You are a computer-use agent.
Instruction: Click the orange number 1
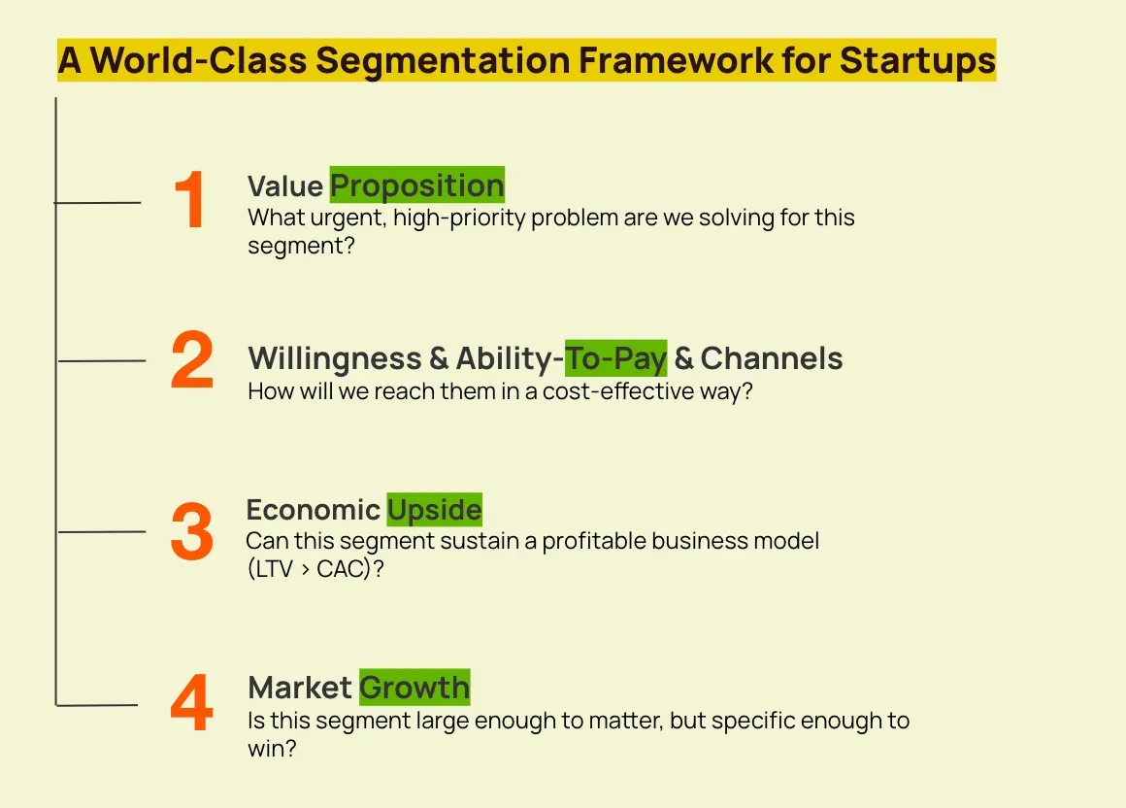pyautogui.click(x=190, y=200)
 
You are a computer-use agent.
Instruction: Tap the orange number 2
pyautogui.click(x=192, y=360)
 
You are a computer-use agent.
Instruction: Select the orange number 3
pyautogui.click(x=192, y=531)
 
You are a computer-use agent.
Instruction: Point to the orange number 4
pyautogui.click(x=192, y=702)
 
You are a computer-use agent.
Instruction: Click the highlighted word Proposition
pyautogui.click(x=417, y=186)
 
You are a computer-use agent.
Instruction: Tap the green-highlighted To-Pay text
pyautogui.click(x=616, y=358)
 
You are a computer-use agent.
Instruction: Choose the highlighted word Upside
pyautogui.click(x=435, y=510)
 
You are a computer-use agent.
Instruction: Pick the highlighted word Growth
pyautogui.click(x=415, y=688)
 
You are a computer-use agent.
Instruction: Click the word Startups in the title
pyautogui.click(x=917, y=60)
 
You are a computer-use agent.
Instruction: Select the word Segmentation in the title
pyautogui.click(x=443, y=60)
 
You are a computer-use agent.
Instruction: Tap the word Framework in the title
pyautogui.click(x=676, y=59)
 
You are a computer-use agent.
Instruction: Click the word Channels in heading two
pyautogui.click(x=772, y=358)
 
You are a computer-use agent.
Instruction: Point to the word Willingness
pyautogui.click(x=335, y=359)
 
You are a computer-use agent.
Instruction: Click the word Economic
pyautogui.click(x=314, y=510)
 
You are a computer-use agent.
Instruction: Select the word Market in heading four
pyautogui.click(x=299, y=688)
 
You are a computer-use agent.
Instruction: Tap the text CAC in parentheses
pyautogui.click(x=342, y=569)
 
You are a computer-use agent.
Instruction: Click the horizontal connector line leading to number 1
pyautogui.click(x=98, y=203)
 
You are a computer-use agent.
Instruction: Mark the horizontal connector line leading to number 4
pyautogui.click(x=97, y=705)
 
